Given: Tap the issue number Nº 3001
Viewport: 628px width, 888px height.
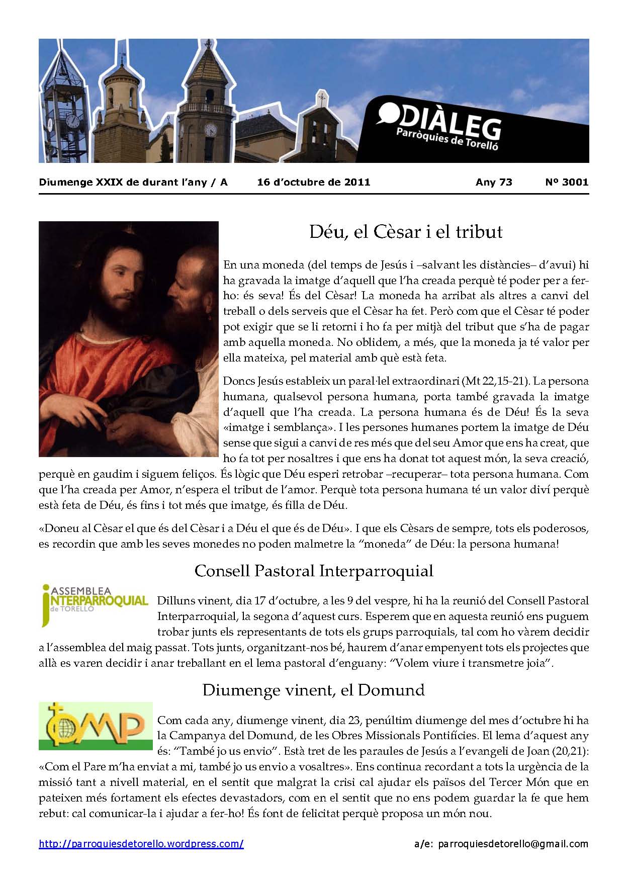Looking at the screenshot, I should click(566, 182).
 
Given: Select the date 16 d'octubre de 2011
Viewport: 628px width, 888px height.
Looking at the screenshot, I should click(313, 182).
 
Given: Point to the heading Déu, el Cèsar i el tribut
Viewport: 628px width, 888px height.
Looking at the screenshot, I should click(405, 232).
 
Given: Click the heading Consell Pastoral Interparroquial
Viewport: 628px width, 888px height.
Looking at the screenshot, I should click(314, 571).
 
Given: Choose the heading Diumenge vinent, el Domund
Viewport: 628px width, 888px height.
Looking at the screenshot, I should click(313, 689).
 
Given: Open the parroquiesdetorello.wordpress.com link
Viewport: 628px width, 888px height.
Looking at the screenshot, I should click(141, 844).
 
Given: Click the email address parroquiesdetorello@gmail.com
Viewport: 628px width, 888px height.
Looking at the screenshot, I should click(513, 844).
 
